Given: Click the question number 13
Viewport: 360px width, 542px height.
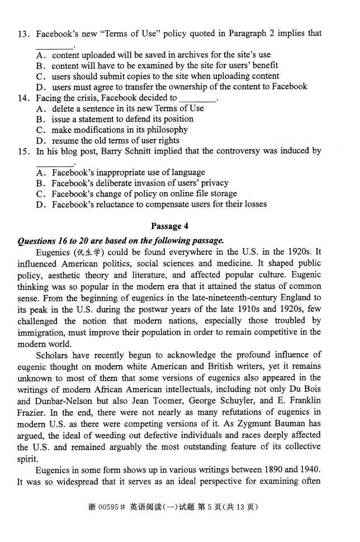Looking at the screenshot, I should click(23, 34).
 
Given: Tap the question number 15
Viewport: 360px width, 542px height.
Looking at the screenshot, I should click(23, 151).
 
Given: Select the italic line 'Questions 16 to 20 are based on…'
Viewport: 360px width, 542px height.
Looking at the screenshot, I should click(121, 241).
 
